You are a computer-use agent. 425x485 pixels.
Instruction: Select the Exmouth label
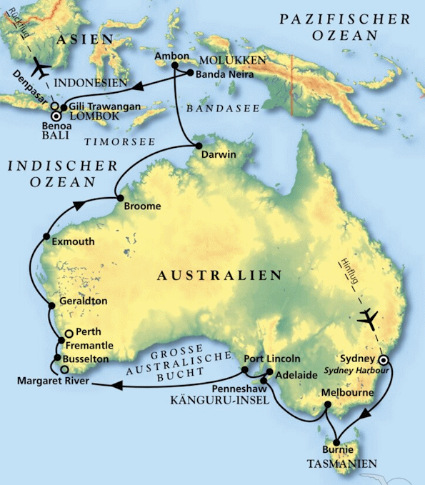[x=74, y=241]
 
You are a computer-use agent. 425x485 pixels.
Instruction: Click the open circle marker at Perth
[x=69, y=333]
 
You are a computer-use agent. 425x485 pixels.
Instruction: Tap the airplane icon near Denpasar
[x=44, y=70]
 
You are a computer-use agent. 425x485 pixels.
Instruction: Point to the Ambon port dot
[x=174, y=66]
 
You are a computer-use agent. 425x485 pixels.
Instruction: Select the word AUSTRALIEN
[x=220, y=274]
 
